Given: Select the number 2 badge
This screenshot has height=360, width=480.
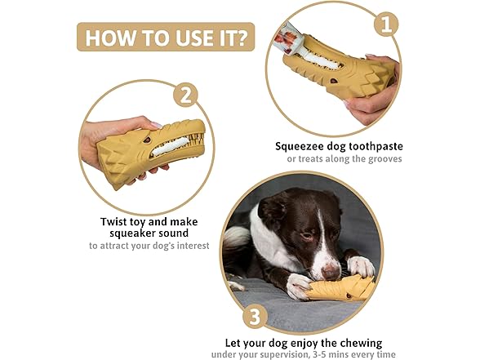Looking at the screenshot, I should point(185,94).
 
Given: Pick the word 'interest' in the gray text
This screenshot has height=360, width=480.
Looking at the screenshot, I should point(190,246).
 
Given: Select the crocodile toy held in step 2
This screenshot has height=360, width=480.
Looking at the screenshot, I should point(147,149).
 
